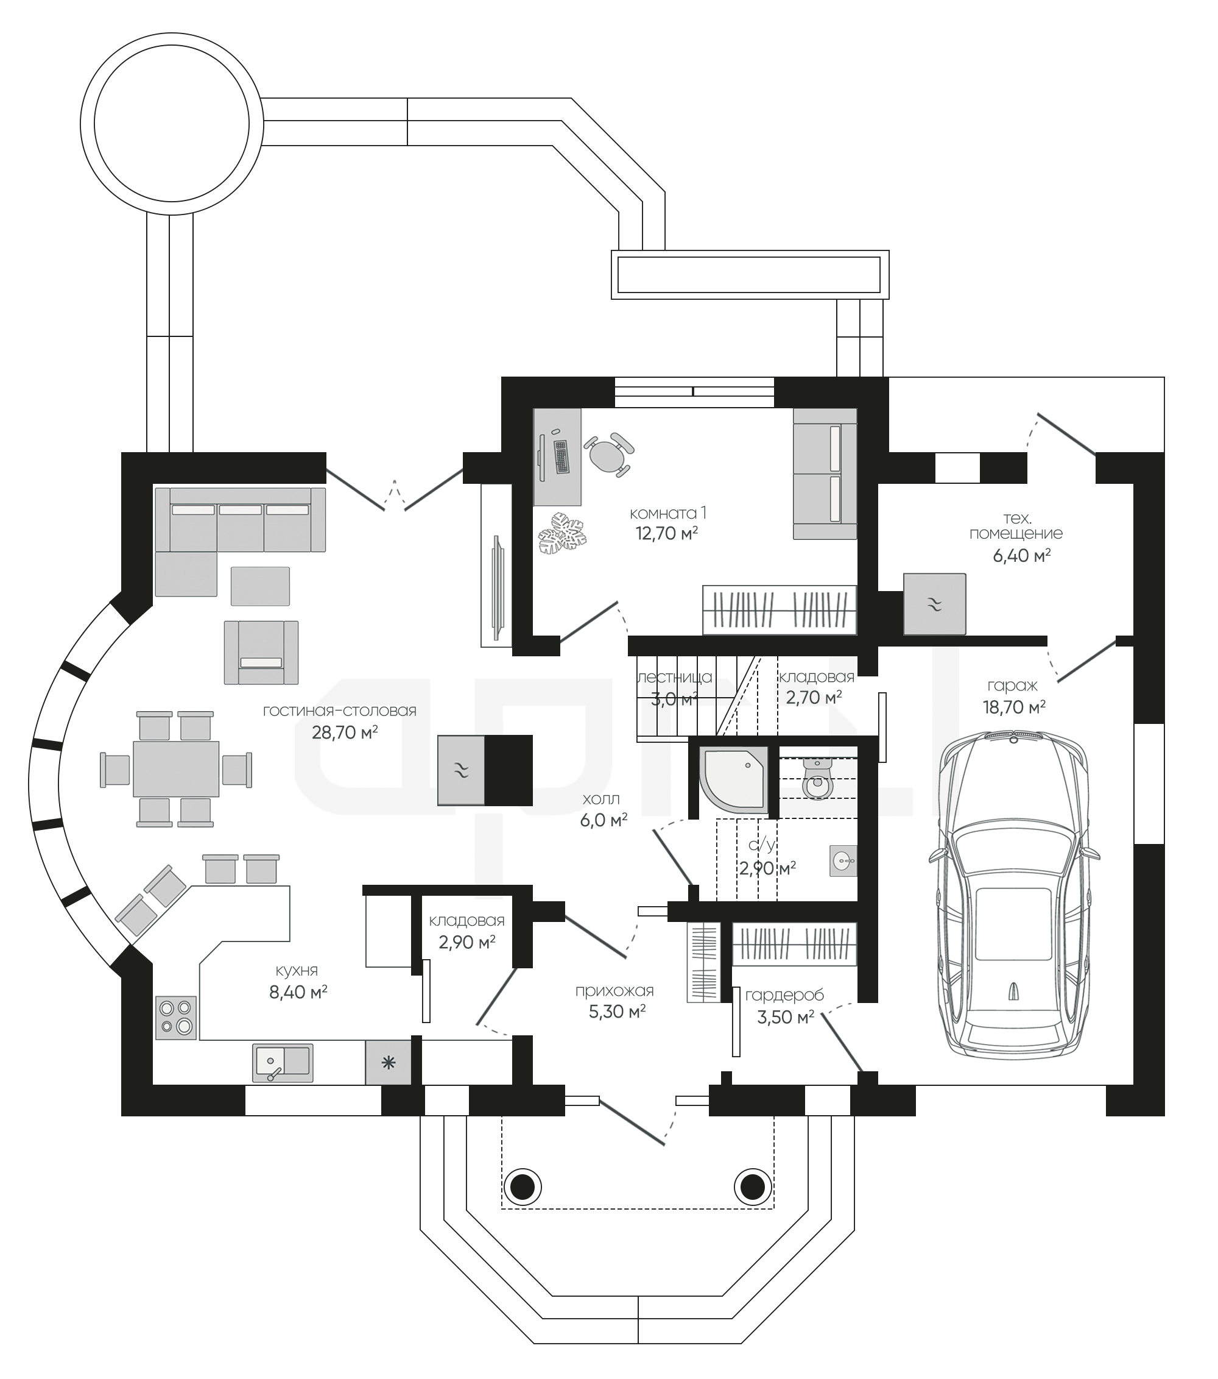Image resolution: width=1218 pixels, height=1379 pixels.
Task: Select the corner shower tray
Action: pyautogui.click(x=735, y=779)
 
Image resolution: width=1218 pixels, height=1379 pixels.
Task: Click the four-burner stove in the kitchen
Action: pyautogui.click(x=176, y=1018)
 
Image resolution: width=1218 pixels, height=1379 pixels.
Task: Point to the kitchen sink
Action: pyautogui.click(x=283, y=1063)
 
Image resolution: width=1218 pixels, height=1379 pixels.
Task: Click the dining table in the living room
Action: pyautogui.click(x=176, y=768)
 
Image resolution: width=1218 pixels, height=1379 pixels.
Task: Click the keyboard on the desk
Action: pyautogui.click(x=561, y=457)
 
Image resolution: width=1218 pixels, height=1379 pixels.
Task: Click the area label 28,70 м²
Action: pyautogui.click(x=345, y=732)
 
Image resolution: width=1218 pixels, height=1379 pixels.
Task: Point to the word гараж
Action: pyautogui.click(x=1012, y=686)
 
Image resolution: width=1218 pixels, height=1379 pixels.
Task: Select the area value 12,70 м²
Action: pyautogui.click(x=666, y=534)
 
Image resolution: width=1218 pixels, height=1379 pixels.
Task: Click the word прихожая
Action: pyautogui.click(x=614, y=990)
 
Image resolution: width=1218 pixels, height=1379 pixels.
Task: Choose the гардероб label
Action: pyautogui.click(x=784, y=995)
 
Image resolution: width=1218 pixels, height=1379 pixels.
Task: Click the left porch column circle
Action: pyautogui.click(x=522, y=1186)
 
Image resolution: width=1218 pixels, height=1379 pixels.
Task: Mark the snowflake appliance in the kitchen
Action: pyautogui.click(x=388, y=1063)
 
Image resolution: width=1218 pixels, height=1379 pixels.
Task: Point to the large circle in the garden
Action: pyautogui.click(x=171, y=124)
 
